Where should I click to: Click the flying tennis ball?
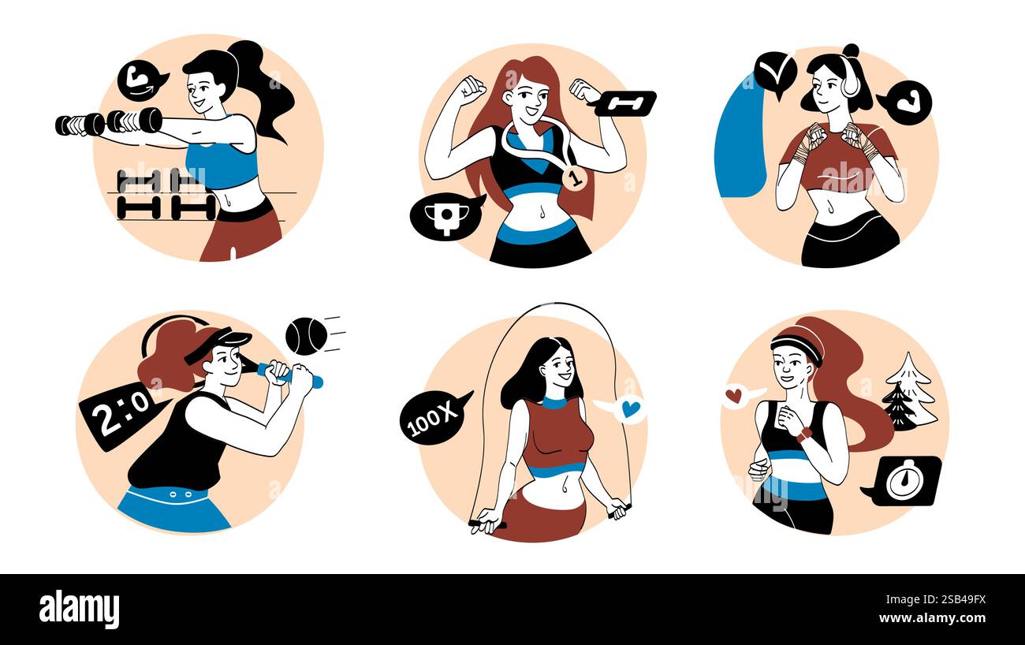306,336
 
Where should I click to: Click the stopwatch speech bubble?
904,480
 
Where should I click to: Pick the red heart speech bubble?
736,395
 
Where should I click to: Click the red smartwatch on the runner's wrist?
803,434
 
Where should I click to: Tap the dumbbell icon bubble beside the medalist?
625,103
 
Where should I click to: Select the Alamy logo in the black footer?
79,610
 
